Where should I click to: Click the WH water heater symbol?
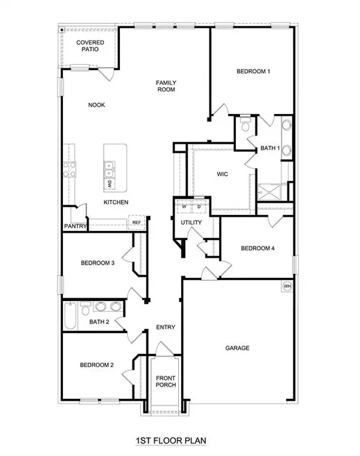click(x=287, y=286)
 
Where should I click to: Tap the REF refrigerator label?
click(x=137, y=223)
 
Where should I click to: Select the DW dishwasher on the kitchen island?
click(x=110, y=184)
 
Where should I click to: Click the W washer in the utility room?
click(x=184, y=208)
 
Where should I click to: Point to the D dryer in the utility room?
click(x=199, y=208)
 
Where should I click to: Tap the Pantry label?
click(x=76, y=227)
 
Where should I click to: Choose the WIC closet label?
click(x=223, y=175)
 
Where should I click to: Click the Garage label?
click(x=237, y=348)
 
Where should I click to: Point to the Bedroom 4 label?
click(x=257, y=248)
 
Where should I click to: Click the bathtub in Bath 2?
click(x=70, y=316)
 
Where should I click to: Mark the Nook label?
click(x=97, y=104)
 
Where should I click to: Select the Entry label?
click(x=165, y=328)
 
